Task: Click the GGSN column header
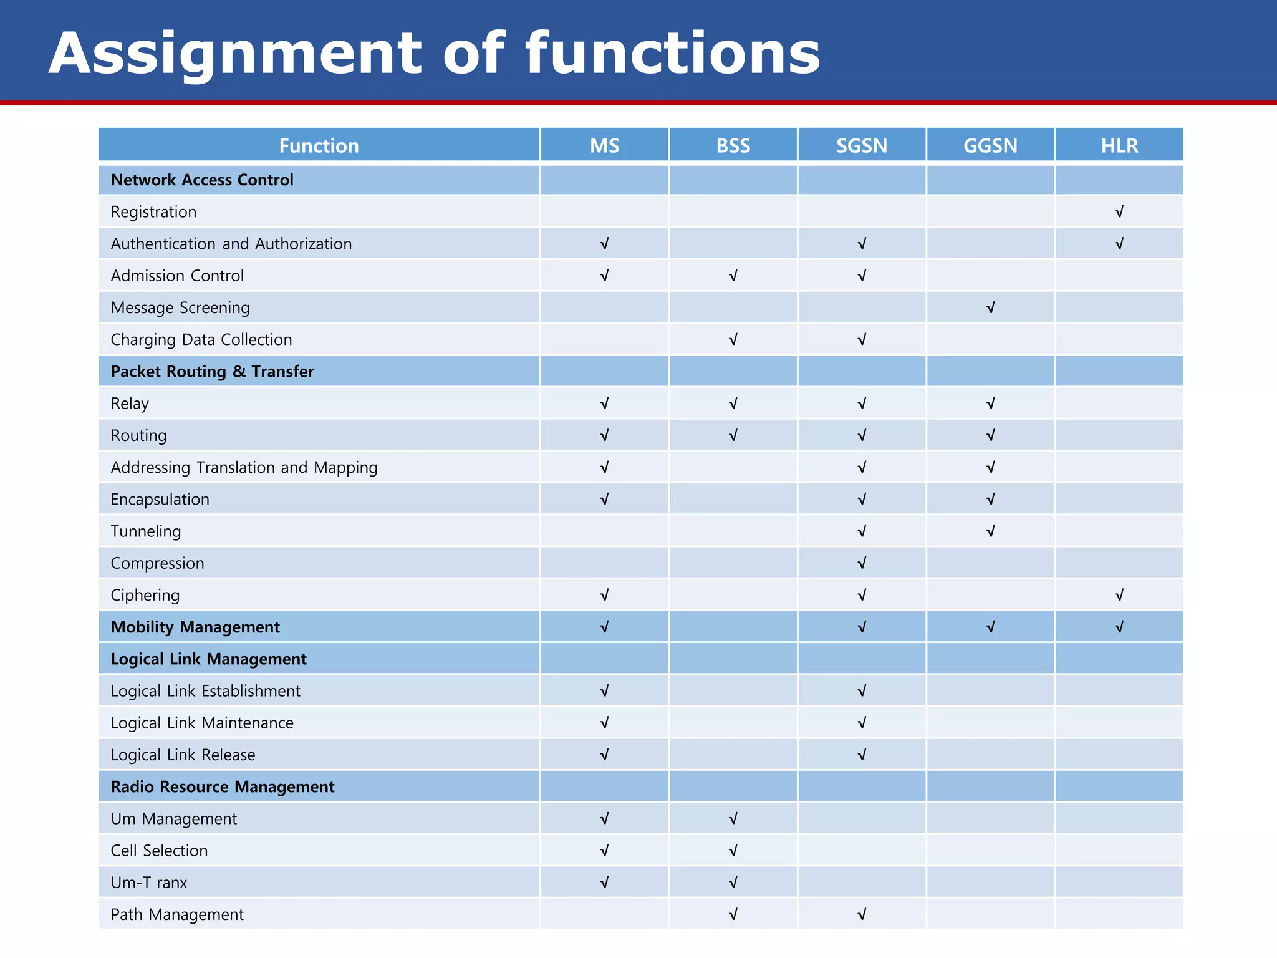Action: click(990, 146)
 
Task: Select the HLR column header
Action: click(1119, 146)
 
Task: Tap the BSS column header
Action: click(733, 146)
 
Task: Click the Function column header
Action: click(319, 146)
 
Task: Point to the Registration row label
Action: click(153, 212)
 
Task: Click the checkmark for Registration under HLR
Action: click(1119, 212)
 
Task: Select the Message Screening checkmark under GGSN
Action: click(990, 307)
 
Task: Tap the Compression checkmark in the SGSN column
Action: click(862, 563)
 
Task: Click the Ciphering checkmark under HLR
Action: click(1119, 595)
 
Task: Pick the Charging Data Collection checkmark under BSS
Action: click(733, 339)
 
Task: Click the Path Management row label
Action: click(177, 914)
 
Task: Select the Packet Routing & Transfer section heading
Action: click(212, 372)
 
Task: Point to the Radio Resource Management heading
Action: click(223, 787)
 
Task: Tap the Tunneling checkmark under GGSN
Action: click(990, 531)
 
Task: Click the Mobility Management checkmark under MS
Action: click(604, 627)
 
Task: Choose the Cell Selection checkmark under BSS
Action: click(733, 851)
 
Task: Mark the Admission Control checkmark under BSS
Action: click(733, 276)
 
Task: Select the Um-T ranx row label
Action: click(149, 883)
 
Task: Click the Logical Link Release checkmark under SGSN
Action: click(862, 755)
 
